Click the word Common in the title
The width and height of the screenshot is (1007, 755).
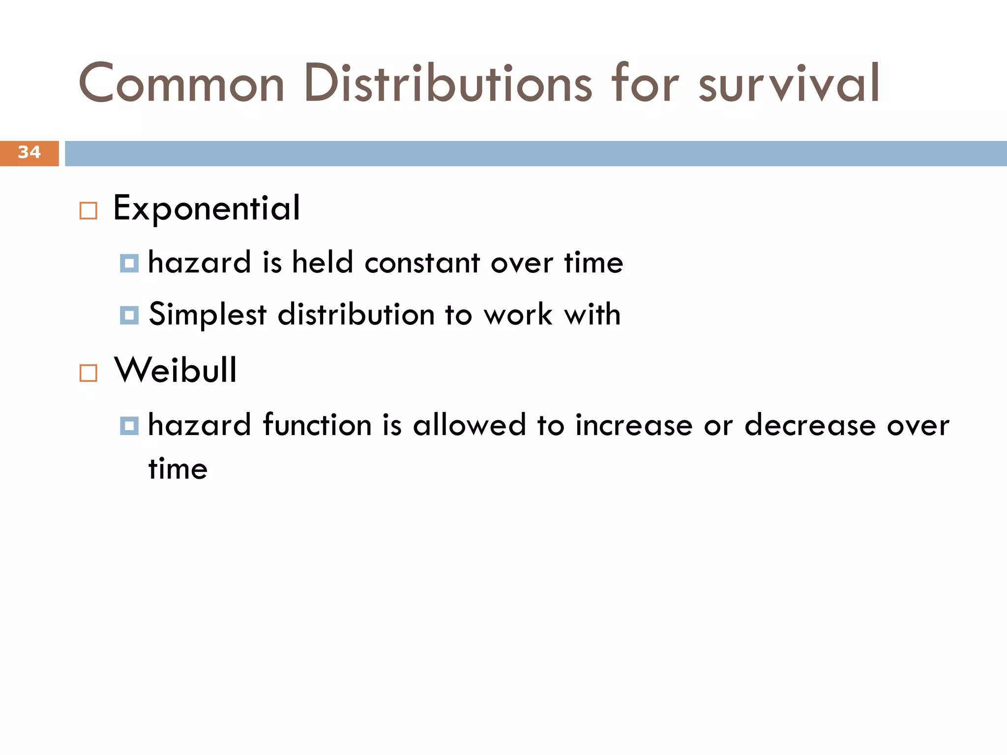coord(181,84)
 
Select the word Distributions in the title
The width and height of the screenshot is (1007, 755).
coord(448,84)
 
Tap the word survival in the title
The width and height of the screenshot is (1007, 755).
coord(789,84)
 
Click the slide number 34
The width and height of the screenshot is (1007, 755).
coord(29,152)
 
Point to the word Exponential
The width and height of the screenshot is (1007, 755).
coord(207,208)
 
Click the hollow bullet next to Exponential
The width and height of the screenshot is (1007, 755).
coord(89,211)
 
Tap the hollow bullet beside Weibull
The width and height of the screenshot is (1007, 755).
coord(89,373)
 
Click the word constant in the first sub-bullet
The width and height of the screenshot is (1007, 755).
coord(422,263)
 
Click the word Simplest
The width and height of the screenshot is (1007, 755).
coord(207,315)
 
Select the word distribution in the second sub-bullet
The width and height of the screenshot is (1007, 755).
coord(356,314)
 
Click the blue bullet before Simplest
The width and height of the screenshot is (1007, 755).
coord(129,315)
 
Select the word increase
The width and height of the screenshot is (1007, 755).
coord(634,426)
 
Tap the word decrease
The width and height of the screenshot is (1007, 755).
coord(810,426)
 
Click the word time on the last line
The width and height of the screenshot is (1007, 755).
coord(178,469)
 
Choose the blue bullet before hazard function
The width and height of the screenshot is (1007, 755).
coord(129,426)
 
